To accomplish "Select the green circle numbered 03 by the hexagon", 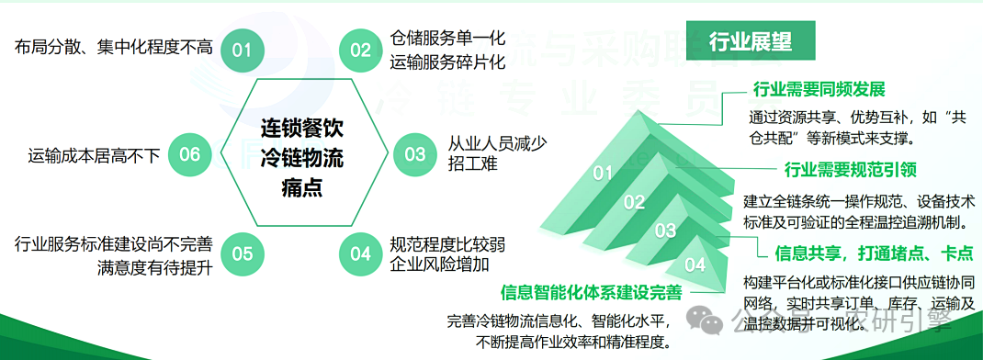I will tap(415, 153).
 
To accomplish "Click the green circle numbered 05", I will tap(242, 253).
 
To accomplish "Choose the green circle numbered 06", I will tap(189, 153).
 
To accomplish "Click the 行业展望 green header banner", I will tap(750, 41).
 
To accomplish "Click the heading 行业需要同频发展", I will tap(819, 90).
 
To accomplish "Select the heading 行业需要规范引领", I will tap(851, 170).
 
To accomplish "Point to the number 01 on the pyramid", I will tap(603, 173).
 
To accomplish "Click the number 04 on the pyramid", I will tap(695, 265).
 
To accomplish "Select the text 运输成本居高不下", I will tap(95, 155).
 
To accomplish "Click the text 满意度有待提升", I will tap(154, 268).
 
